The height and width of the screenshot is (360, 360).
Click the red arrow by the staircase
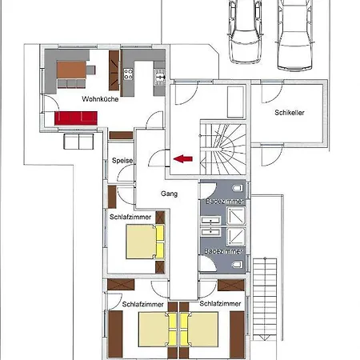tap(183, 158)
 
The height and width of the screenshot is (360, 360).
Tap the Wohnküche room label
tap(100, 99)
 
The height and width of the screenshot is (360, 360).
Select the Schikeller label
tap(290, 113)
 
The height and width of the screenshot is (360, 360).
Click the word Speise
tap(122, 161)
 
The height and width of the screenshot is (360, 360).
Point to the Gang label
tap(169, 194)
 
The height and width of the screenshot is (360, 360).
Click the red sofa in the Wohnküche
tap(76, 118)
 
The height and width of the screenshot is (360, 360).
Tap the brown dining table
tap(71, 70)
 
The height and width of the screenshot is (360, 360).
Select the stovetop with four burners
tap(128, 74)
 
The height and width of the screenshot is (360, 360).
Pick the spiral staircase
tap(223, 149)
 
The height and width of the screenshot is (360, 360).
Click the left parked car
tap(245, 31)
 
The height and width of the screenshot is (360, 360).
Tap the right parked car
tap(295, 34)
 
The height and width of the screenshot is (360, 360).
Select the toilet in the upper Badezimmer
tap(238, 188)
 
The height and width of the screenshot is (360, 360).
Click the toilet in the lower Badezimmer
tap(238, 265)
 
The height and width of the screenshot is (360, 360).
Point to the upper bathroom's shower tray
tap(236, 216)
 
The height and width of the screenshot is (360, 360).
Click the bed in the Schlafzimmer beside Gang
tap(145, 242)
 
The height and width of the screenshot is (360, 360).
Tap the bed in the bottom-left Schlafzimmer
tap(158, 330)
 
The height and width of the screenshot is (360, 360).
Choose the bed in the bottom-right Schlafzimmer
tap(198, 330)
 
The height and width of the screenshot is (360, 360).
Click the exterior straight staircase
tap(265, 299)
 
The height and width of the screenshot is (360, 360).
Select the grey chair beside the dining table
tap(90, 70)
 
